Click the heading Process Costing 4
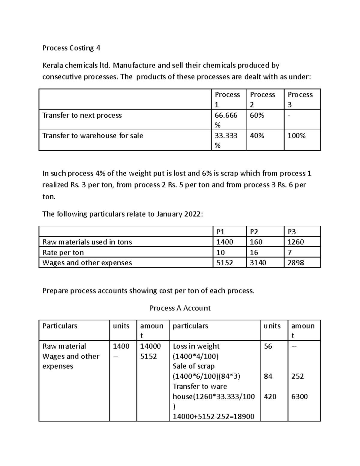click(x=71, y=48)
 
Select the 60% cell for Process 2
click(x=257, y=116)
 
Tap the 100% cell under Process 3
click(x=296, y=136)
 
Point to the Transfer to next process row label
click(x=82, y=116)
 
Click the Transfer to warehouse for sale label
click(x=93, y=136)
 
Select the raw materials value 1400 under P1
click(x=225, y=242)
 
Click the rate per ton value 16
click(x=254, y=252)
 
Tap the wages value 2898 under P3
click(x=295, y=263)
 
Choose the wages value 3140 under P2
click(x=258, y=263)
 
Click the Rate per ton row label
click(x=63, y=252)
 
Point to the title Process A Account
click(x=180, y=308)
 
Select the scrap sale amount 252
click(x=298, y=376)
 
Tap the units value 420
click(x=270, y=397)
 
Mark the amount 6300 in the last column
click(x=299, y=397)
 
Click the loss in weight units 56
click(x=268, y=346)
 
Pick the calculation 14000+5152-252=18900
click(x=214, y=416)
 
